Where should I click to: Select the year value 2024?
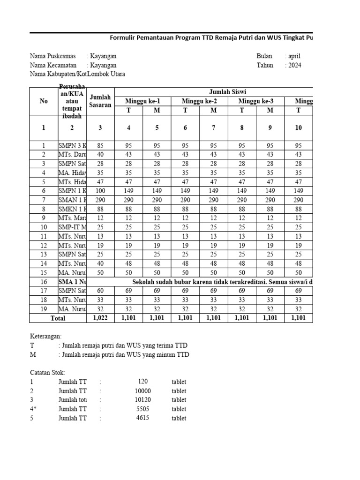(294, 66)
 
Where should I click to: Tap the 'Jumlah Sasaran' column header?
(100, 101)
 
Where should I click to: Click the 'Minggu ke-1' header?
(142, 101)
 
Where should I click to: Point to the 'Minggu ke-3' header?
(256, 101)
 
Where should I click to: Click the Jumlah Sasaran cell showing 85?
(100, 145)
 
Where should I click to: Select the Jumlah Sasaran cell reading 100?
(100, 191)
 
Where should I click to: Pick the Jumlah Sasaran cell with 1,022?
(100, 318)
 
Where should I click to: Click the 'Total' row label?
(58, 318)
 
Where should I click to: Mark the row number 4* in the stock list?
(33, 409)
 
